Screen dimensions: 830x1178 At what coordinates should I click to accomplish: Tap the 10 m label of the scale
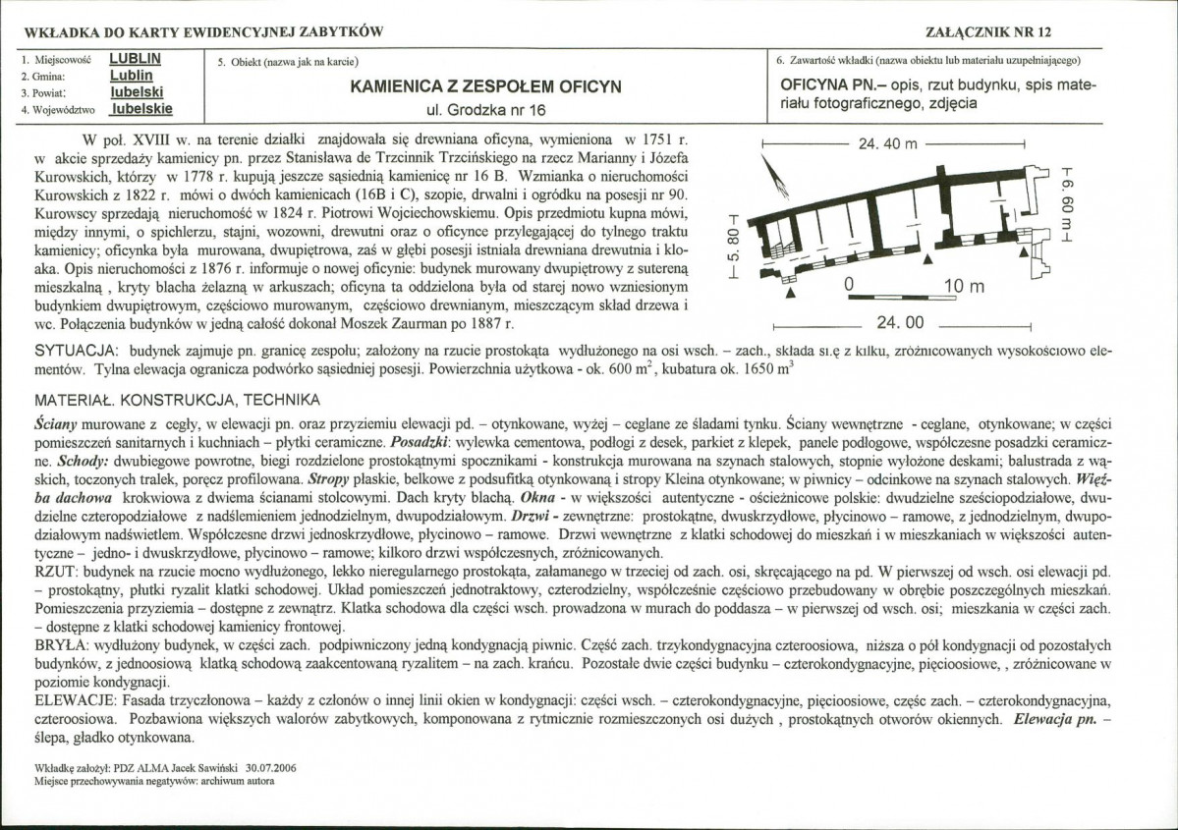(x=963, y=287)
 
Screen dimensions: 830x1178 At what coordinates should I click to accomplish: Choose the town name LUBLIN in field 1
(x=136, y=58)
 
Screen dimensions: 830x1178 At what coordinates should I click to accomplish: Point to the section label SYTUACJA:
(x=75, y=351)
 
